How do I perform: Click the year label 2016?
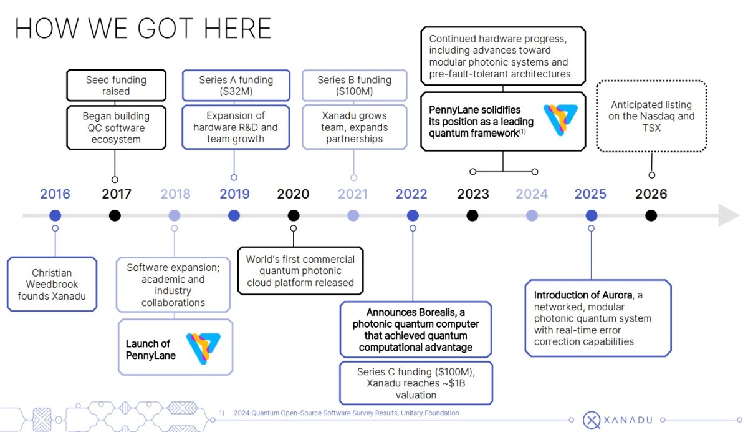[55, 194]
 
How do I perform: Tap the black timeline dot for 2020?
[294, 215]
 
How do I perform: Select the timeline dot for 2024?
[532, 215]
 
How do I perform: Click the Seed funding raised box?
[116, 86]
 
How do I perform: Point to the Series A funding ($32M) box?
[236, 86]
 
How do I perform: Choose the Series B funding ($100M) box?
[354, 86]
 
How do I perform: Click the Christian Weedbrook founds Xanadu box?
[52, 284]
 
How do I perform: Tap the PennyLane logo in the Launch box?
[203, 348]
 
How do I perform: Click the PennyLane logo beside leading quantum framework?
[560, 120]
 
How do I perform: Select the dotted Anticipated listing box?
[651, 116]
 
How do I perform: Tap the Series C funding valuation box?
[416, 383]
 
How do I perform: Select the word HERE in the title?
[237, 29]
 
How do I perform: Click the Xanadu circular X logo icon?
[592, 420]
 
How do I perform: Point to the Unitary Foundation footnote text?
[347, 413]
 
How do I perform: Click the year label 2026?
[651, 194]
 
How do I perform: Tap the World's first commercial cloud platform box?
[300, 271]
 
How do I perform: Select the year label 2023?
[473, 194]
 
